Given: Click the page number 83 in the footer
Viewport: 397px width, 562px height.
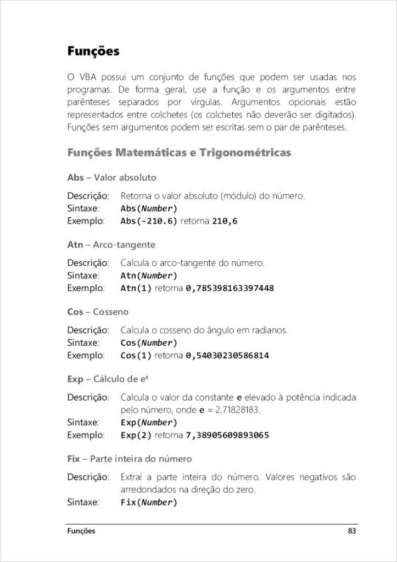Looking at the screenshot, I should pyautogui.click(x=352, y=531).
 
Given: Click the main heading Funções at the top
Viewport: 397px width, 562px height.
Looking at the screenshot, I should pyautogui.click(x=93, y=51).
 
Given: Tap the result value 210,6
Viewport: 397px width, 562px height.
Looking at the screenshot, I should pyautogui.click(x=225, y=221).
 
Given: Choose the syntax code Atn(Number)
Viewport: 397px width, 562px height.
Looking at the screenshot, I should pyautogui.click(x=149, y=276).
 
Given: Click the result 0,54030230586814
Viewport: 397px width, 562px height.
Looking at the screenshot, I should pyautogui.click(x=227, y=356).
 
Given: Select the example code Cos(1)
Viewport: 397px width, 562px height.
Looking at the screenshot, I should pyautogui.click(x=136, y=356).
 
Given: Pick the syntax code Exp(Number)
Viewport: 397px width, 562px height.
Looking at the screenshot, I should pyautogui.click(x=149, y=423).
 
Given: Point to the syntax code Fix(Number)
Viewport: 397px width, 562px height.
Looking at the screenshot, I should pyautogui.click(x=149, y=502).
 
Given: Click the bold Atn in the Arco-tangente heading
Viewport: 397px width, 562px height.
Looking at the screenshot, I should pyautogui.click(x=75, y=245).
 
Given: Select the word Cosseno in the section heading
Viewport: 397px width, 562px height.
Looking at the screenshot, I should pyautogui.click(x=111, y=312).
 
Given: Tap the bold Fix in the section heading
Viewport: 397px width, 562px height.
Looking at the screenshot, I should pyautogui.click(x=74, y=458).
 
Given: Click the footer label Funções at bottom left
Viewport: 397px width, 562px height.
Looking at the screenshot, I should pyautogui.click(x=81, y=531).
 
